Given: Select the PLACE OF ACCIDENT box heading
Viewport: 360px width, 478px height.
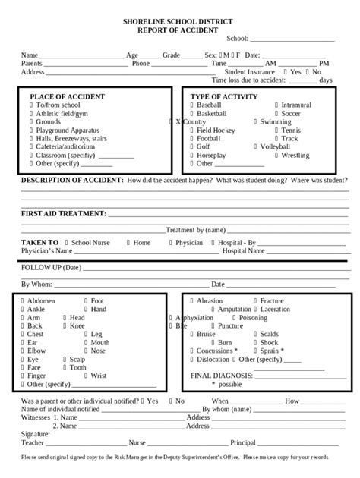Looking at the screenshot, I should pos(67,96).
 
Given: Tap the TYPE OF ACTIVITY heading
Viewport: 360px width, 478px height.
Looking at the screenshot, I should pos(223,96).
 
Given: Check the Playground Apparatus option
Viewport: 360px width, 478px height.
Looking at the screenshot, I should pos(69,130).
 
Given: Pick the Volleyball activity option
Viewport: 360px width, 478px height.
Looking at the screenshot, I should pos(279,146).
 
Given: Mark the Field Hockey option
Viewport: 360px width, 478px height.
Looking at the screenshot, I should pos(216,130).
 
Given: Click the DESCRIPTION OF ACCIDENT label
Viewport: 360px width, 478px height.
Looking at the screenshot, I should pos(71,180).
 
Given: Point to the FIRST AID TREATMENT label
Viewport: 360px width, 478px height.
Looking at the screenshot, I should pos(63,215).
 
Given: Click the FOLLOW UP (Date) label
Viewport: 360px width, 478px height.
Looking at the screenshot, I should pos(50,268).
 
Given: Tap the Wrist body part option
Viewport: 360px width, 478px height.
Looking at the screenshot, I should pos(98,376).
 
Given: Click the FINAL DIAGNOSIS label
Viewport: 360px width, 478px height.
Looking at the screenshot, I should pos(221,376).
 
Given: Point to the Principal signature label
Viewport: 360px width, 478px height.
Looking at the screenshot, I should pos(243,442).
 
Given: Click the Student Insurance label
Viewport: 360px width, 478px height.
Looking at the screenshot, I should pos(250,71).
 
